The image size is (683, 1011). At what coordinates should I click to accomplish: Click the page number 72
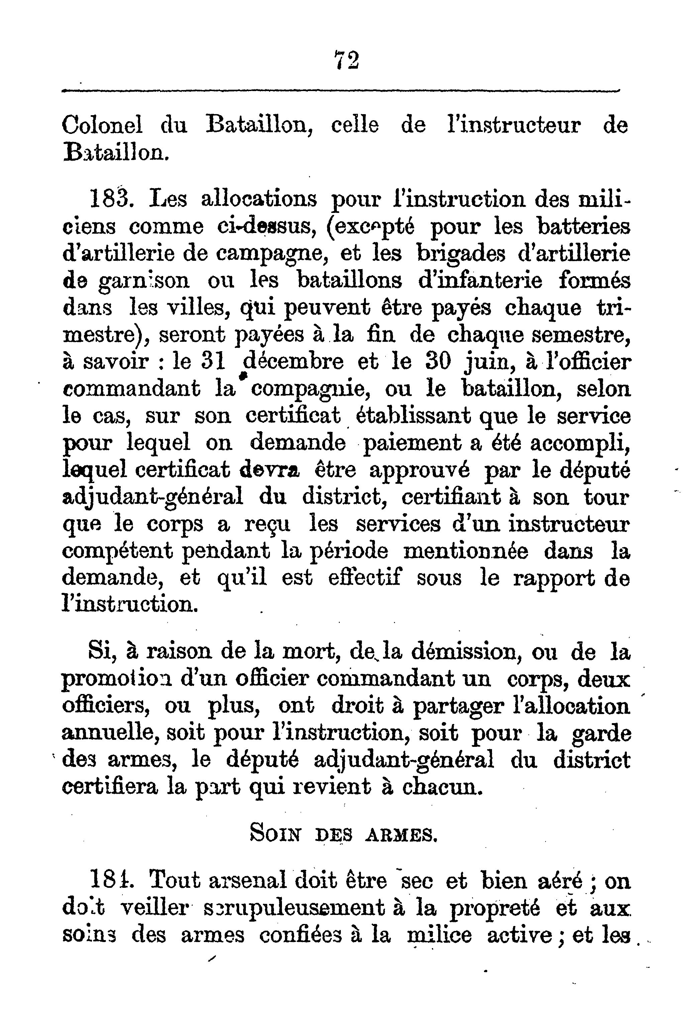(x=347, y=61)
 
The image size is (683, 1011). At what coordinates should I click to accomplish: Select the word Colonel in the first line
(x=102, y=126)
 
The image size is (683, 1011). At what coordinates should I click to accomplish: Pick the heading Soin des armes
(x=343, y=834)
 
